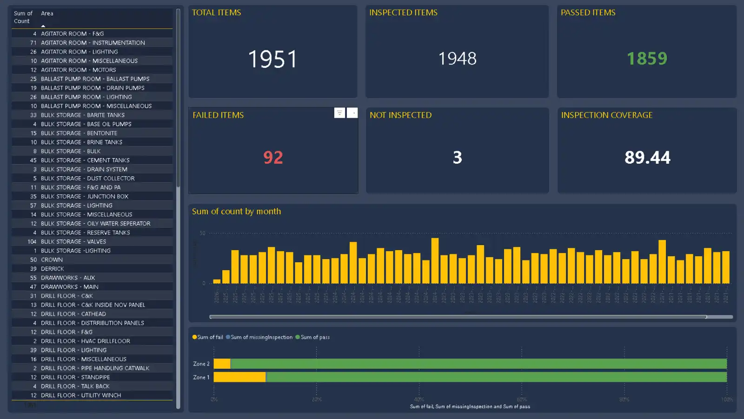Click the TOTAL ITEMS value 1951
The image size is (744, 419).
tap(272, 60)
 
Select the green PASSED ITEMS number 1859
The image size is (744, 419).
tap(647, 59)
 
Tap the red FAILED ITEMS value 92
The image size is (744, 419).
tap(273, 158)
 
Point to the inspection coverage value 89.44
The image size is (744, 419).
tap(647, 158)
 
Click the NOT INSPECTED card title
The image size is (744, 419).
tap(400, 115)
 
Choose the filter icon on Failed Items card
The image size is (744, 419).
tap(339, 113)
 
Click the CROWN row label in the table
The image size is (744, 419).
tap(52, 260)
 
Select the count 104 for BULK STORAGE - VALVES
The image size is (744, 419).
tap(32, 242)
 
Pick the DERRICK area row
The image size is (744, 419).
tap(53, 269)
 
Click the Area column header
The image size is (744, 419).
tap(47, 13)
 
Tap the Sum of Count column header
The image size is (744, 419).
tap(23, 17)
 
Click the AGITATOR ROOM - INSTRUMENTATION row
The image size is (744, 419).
tap(93, 43)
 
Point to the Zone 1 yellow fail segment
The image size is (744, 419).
tap(239, 377)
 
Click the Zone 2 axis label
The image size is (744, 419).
tap(201, 364)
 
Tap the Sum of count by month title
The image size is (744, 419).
tap(236, 212)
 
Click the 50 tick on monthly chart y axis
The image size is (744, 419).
tap(202, 233)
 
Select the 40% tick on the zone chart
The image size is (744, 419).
tap(418, 399)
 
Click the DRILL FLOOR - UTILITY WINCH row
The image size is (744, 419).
tap(80, 395)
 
